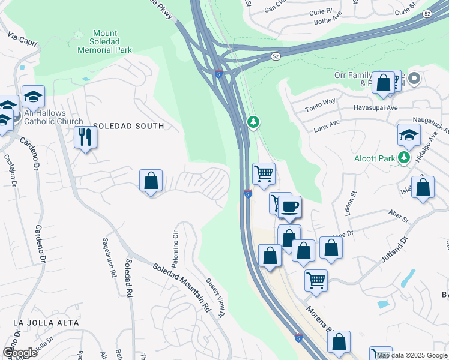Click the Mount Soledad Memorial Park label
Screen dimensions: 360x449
coord(104,41)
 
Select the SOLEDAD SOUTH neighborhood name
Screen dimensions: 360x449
coord(128,126)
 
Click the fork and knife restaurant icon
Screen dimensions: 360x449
coord(85,137)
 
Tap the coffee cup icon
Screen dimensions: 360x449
coord(290,207)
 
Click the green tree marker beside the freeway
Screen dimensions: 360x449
coord(253,122)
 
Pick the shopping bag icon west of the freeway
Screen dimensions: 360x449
coord(151,181)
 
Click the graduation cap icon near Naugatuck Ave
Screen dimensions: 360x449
coord(409,135)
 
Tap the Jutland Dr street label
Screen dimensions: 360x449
coord(394,251)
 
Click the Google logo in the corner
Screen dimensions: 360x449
coord(20,353)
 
